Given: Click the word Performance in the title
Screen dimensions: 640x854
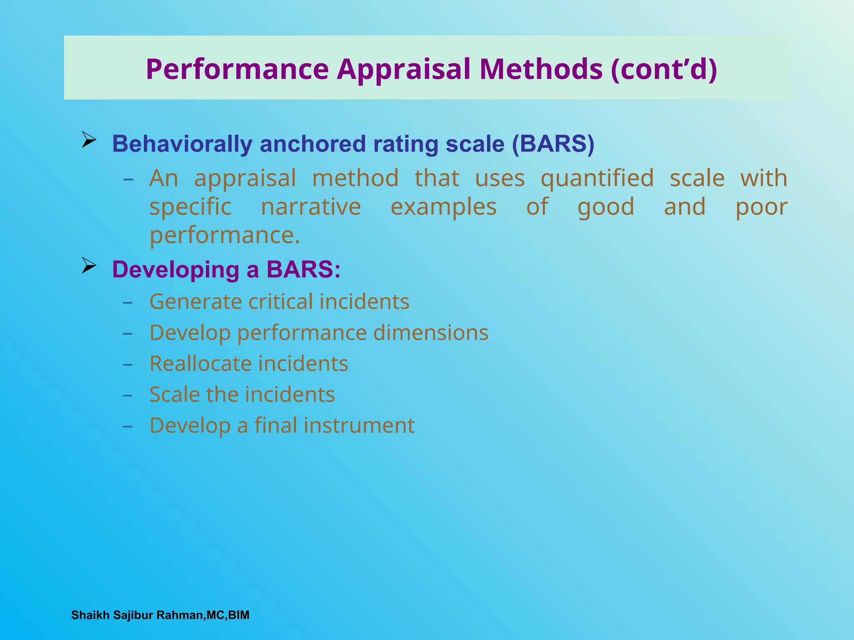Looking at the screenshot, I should tap(237, 69).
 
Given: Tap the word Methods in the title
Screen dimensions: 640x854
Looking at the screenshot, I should tap(541, 69).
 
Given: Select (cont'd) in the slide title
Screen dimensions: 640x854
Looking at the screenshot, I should tap(664, 69).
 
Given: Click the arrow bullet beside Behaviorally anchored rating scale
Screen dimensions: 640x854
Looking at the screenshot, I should tap(89, 140).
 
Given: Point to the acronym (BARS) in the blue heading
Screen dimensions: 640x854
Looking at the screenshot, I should tap(553, 144).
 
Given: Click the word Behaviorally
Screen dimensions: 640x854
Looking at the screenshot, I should tap(182, 144).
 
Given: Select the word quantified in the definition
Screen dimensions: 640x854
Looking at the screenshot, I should tap(597, 178).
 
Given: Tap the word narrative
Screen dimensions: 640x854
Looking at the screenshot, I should tap(311, 207).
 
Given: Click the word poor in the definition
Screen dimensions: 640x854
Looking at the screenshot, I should tap(761, 207).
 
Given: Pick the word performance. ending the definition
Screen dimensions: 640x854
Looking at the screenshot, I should tap(225, 235).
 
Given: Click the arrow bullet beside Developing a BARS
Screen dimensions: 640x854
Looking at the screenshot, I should tap(89, 265).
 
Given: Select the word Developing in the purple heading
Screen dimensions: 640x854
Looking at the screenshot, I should tap(176, 270).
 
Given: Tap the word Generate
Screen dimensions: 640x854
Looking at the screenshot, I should tap(196, 302).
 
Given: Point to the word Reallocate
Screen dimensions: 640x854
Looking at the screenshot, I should tap(201, 364).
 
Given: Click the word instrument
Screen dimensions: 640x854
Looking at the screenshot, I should tap(359, 426).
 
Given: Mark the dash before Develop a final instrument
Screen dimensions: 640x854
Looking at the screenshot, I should tap(128, 427).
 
